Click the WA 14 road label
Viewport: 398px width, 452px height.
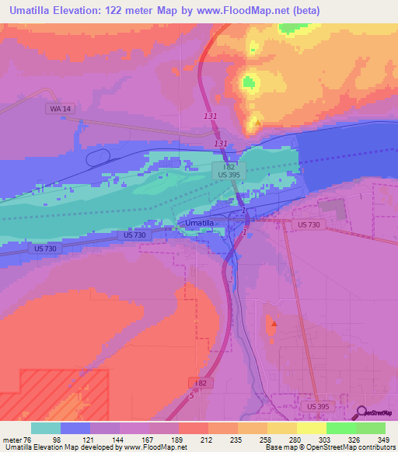(60, 110)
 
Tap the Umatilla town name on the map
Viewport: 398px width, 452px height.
(200, 223)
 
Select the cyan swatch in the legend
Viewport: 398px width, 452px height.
(46, 428)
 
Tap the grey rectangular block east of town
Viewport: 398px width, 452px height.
(333, 207)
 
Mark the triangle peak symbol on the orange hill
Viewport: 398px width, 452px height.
(258, 122)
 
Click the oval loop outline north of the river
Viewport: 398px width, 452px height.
(97, 158)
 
